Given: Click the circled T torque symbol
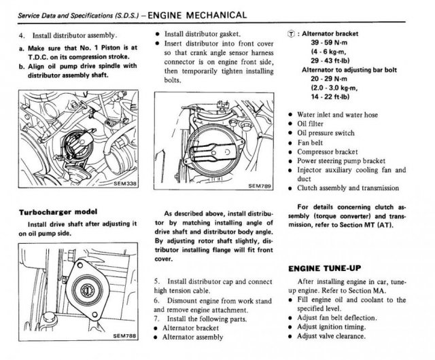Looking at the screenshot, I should [x=292, y=33].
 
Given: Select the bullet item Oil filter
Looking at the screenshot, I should [x=315, y=124].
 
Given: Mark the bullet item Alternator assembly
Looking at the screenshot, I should [x=196, y=337].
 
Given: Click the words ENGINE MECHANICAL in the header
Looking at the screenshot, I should [x=196, y=14].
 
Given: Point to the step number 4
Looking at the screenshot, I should [x=21, y=35].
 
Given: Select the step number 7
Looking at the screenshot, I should [x=157, y=317].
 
